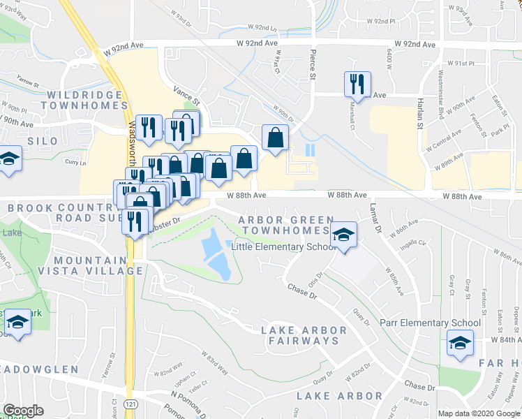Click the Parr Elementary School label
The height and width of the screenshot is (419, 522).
point(431,323)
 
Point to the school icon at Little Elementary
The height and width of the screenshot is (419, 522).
point(343,235)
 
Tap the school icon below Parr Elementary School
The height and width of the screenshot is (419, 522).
point(460,343)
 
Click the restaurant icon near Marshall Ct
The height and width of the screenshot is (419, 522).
point(357,84)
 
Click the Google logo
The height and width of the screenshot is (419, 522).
point(23,411)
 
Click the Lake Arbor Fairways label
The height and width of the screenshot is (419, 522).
point(299,335)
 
